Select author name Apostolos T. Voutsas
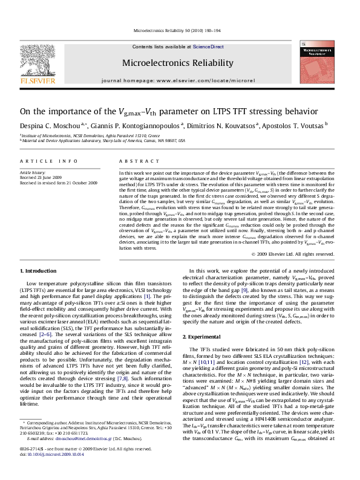(293, 126)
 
